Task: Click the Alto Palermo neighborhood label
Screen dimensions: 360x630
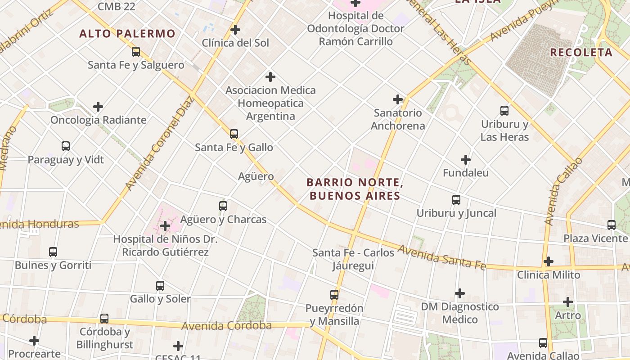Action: [127, 34]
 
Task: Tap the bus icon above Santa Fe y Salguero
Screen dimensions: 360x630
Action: [136, 52]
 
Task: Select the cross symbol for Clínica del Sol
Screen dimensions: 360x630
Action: [235, 30]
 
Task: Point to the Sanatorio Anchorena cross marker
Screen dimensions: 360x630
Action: [398, 99]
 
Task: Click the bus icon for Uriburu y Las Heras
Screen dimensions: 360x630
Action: [504, 110]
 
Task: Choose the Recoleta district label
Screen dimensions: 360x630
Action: [581, 52]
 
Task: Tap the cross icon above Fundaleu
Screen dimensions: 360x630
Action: [466, 160]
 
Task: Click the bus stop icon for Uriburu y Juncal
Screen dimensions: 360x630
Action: [456, 200]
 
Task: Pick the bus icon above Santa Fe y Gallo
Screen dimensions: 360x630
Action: [234, 134]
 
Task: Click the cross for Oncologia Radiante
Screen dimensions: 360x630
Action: [98, 107]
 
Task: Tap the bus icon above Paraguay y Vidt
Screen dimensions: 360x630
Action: [66, 146]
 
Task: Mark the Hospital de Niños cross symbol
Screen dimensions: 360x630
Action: [165, 225]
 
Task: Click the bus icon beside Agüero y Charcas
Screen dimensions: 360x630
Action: [223, 206]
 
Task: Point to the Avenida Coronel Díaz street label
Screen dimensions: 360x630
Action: [160, 143]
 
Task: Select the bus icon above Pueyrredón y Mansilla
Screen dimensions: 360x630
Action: [334, 295]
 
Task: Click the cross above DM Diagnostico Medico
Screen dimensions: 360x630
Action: [459, 293]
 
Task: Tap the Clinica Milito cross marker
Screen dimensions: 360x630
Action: [548, 261]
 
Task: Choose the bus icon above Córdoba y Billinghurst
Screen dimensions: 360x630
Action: [104, 319]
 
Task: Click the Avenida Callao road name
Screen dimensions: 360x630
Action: [557, 191]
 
